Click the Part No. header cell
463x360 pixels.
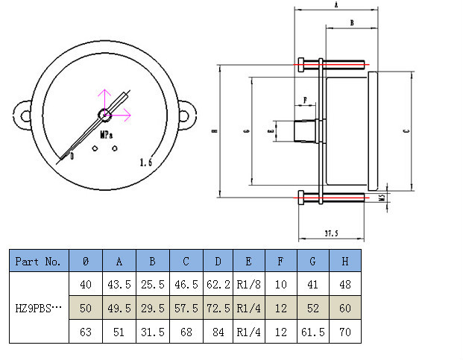coord(38,262)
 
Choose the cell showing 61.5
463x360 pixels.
coord(314,332)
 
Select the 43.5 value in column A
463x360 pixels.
coord(119,284)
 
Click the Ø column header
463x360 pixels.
coord(86,262)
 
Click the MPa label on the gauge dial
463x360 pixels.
coord(107,135)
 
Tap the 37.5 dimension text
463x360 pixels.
coord(330,233)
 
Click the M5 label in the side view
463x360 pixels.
coord(382,198)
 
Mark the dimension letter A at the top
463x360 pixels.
coord(336,5)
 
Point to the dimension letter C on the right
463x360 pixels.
coord(405,131)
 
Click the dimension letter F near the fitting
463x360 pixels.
coord(305,99)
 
